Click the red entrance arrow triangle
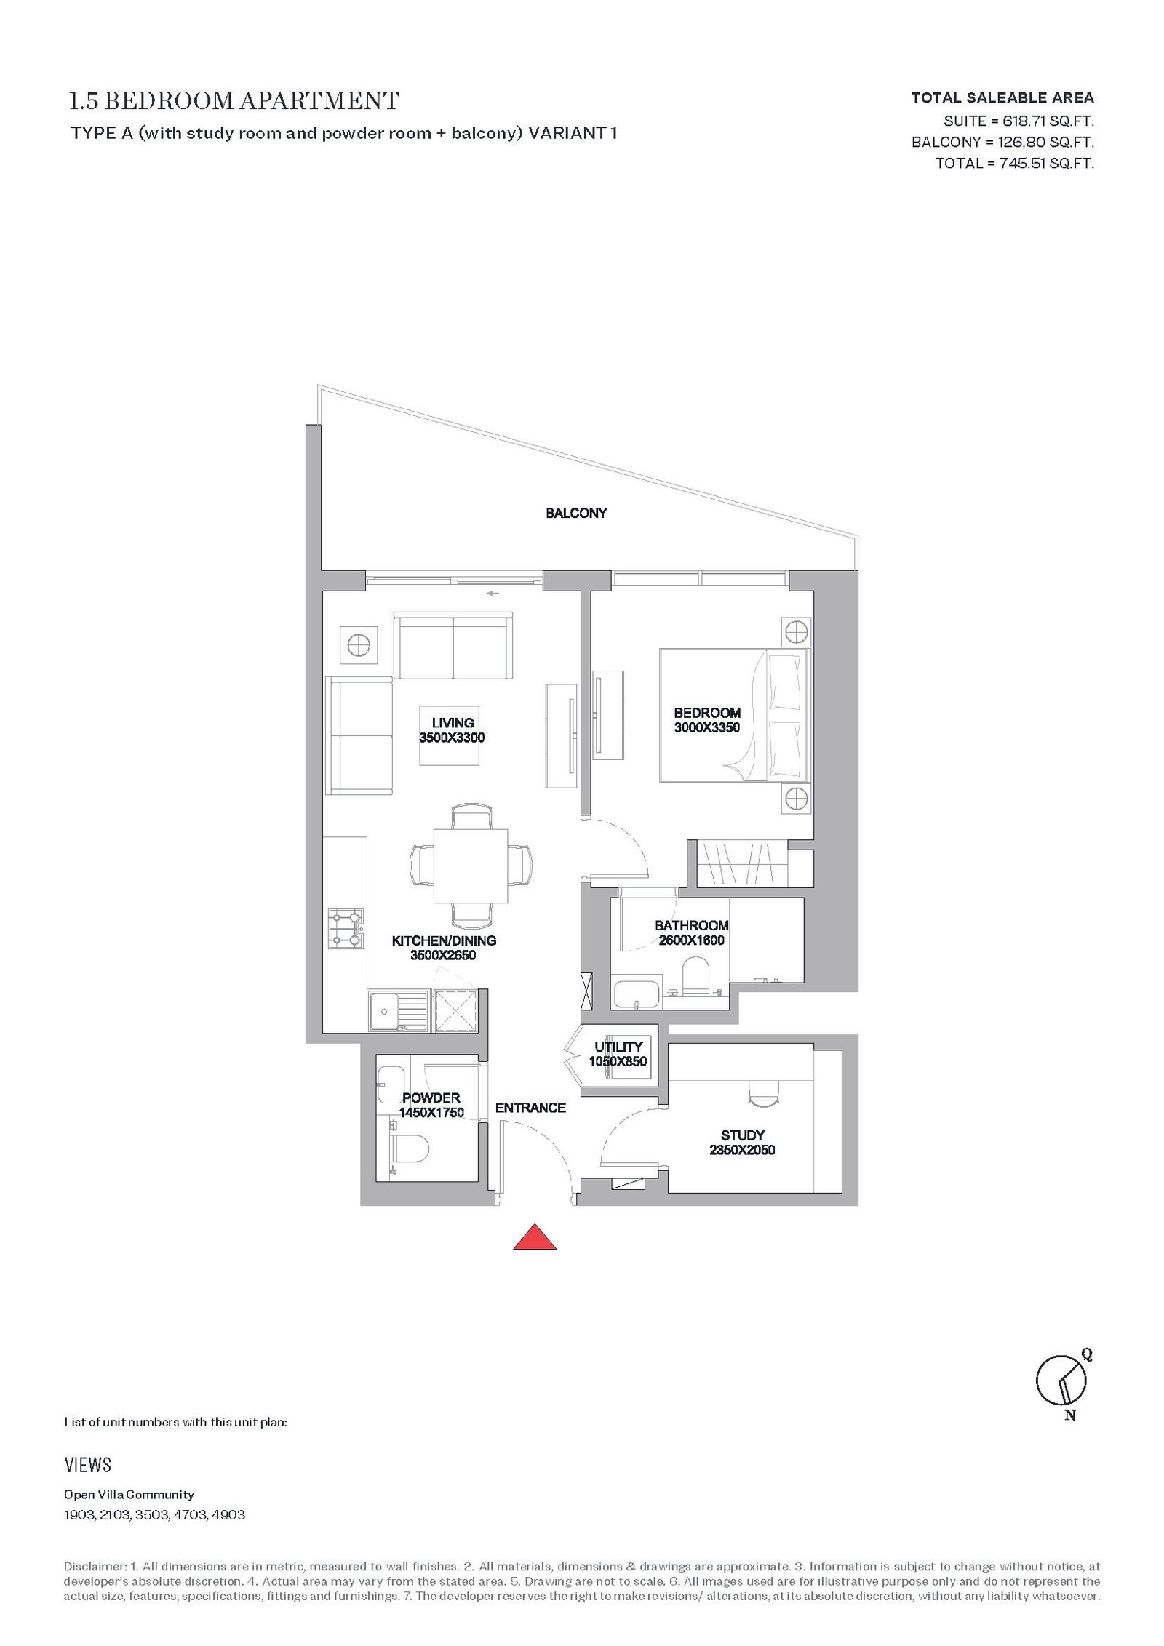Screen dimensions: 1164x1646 coord(535,1237)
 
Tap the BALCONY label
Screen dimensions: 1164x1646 coord(576,514)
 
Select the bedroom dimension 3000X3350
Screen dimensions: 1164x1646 coord(707,727)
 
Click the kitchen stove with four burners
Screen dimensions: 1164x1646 coord(346,929)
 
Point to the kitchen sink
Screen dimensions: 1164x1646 coord(398,1011)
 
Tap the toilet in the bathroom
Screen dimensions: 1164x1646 coord(696,976)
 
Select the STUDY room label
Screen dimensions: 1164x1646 coord(743,1135)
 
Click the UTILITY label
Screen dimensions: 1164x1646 coord(618,1047)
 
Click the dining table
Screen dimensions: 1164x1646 coord(471,866)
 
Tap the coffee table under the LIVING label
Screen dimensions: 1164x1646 coord(450,735)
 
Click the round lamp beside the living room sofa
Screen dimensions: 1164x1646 coord(359,644)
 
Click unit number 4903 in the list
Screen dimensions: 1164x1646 coord(228,1515)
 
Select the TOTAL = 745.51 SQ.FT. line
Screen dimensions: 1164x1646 coord(1015,163)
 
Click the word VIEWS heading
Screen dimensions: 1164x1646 coord(88,1465)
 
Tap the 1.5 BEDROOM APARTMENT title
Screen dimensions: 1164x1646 coord(234,101)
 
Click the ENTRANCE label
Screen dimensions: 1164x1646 coord(530,1108)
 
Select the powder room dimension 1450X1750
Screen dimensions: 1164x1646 coord(431,1112)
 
